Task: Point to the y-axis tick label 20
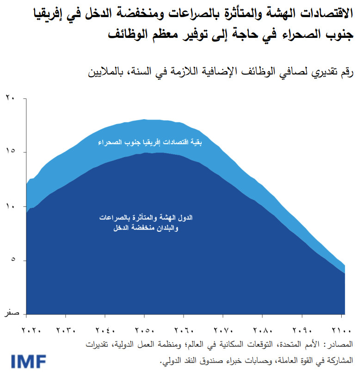tap(10, 97)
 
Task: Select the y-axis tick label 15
tap(10, 151)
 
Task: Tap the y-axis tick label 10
tap(10, 206)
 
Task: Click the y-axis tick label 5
tap(12, 260)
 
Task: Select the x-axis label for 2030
tap(66, 331)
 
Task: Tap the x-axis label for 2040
tap(105, 331)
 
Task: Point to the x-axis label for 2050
tap(144, 331)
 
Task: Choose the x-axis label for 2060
tap(184, 331)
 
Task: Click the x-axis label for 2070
tap(223, 331)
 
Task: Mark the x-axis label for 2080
tap(262, 331)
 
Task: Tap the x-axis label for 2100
tap(341, 331)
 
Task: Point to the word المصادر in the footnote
tap(340, 344)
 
